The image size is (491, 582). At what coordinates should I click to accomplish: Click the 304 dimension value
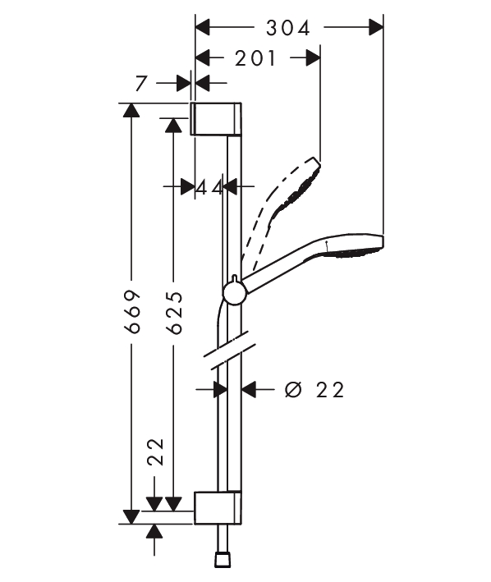(x=288, y=28)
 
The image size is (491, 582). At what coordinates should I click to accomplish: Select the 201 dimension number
(x=255, y=58)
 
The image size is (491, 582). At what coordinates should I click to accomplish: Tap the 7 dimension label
(x=141, y=84)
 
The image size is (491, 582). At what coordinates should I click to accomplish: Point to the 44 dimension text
(x=209, y=187)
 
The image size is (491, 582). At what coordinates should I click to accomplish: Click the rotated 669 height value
(x=133, y=311)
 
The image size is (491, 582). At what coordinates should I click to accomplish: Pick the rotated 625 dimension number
(x=174, y=313)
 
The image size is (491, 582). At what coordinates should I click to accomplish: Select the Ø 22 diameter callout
(x=314, y=390)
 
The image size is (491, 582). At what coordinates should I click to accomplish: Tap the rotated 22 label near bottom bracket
(x=155, y=451)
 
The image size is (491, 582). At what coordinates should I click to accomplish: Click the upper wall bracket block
(x=216, y=118)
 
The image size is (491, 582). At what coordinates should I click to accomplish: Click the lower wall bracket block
(x=218, y=507)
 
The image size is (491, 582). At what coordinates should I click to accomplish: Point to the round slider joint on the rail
(x=235, y=294)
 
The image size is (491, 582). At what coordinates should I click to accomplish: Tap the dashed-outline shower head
(x=282, y=208)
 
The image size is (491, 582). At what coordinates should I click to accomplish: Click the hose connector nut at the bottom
(x=223, y=559)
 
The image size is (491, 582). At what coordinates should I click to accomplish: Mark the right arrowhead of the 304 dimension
(x=376, y=27)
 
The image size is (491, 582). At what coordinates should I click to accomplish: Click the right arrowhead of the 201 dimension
(x=313, y=58)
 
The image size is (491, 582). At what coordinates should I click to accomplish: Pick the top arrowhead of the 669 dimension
(x=131, y=110)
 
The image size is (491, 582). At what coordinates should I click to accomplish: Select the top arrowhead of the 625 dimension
(x=173, y=125)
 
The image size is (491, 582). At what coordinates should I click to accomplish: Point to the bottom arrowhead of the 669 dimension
(x=131, y=517)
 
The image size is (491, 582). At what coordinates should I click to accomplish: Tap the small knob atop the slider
(x=234, y=278)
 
